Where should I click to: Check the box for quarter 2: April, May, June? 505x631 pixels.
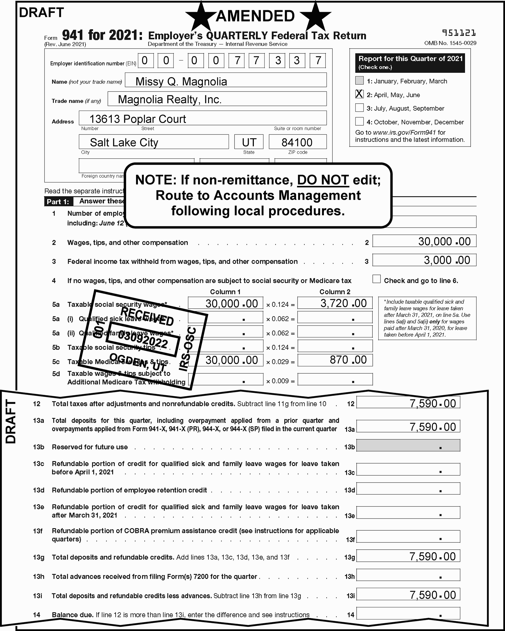(359, 94)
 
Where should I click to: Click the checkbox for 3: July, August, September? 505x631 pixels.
(359, 108)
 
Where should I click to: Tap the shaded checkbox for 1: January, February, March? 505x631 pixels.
(359, 81)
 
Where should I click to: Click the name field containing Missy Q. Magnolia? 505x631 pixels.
(225, 80)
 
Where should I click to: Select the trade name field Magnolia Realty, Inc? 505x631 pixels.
(217, 99)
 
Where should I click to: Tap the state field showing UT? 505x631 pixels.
(249, 142)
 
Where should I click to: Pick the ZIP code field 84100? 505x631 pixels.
(297, 142)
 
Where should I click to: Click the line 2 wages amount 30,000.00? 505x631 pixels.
(424, 241)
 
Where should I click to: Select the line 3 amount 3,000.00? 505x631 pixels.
(424, 260)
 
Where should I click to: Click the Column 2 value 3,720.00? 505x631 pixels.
(335, 303)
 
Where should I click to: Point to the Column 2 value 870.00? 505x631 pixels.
(335, 360)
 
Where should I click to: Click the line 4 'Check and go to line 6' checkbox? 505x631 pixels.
(376, 279)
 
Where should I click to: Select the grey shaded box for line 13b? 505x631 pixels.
(408, 445)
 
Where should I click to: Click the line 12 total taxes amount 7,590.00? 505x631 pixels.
(408, 403)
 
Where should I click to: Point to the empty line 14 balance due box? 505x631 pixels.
(408, 613)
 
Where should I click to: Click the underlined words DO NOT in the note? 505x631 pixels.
(323, 180)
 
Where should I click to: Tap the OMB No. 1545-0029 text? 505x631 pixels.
(450, 43)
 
